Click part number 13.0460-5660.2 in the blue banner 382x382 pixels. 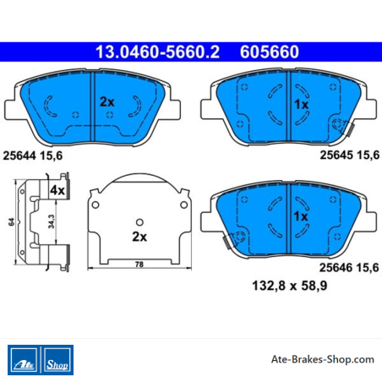[157, 52]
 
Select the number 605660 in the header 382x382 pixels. [270, 52]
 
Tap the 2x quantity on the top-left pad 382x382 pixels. [107, 102]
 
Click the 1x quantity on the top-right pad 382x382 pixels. [301, 105]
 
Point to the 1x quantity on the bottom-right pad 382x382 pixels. [301, 216]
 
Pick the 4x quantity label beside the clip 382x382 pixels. [57, 190]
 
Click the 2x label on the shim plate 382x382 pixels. [139, 237]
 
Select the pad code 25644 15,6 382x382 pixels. [33, 156]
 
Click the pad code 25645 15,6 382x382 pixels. [350, 155]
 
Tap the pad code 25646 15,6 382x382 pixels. [349, 268]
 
